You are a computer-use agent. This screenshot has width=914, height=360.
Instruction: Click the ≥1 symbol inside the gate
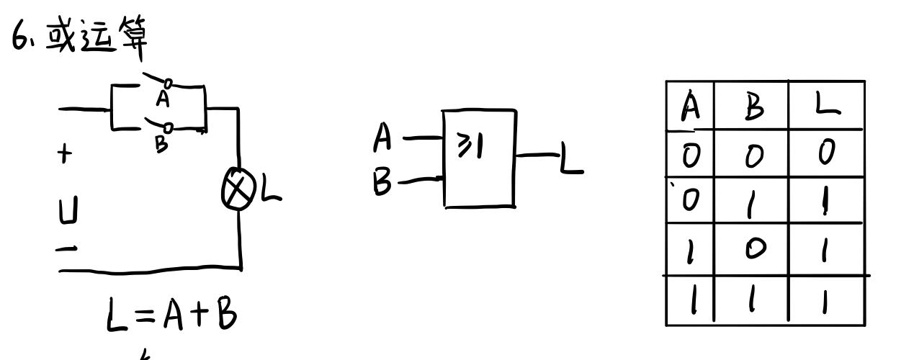(x=470, y=148)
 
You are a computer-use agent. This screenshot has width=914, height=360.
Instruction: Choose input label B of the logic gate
(x=383, y=182)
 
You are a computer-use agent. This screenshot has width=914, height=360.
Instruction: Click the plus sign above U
(x=66, y=154)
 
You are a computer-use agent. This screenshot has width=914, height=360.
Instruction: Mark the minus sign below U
(x=67, y=248)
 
